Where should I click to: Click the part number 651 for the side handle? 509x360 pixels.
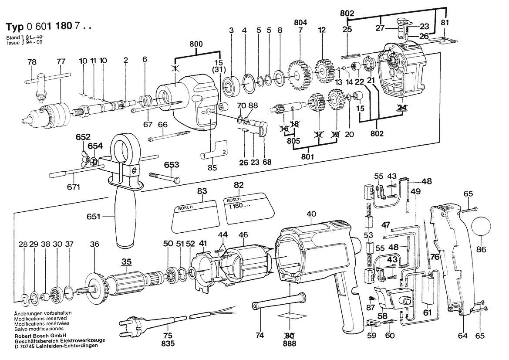[x=94, y=216]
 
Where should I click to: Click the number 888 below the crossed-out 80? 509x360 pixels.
[x=290, y=343]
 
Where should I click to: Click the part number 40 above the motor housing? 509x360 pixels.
[x=311, y=214]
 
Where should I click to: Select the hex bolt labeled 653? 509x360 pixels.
[x=165, y=177]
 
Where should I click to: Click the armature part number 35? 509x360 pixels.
[x=127, y=262]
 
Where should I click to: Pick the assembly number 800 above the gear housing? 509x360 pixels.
[x=196, y=44]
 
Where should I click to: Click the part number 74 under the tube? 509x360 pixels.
[x=260, y=335]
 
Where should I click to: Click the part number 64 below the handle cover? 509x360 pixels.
[x=462, y=335]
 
